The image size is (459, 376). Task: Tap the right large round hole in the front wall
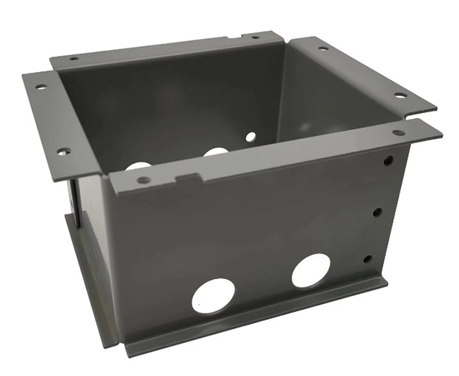(311, 270)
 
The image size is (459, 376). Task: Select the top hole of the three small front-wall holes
(388, 159)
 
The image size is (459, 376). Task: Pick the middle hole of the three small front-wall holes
(377, 211)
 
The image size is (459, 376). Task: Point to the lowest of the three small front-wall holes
(367, 259)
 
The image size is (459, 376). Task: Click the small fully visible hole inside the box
(250, 136)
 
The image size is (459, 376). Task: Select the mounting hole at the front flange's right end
(398, 133)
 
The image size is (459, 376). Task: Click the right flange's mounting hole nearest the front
(400, 95)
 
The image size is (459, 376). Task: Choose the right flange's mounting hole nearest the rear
(322, 49)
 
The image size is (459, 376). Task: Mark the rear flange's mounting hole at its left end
(73, 58)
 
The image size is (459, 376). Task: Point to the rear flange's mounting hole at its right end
(255, 37)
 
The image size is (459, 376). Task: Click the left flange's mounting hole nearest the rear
(40, 87)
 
